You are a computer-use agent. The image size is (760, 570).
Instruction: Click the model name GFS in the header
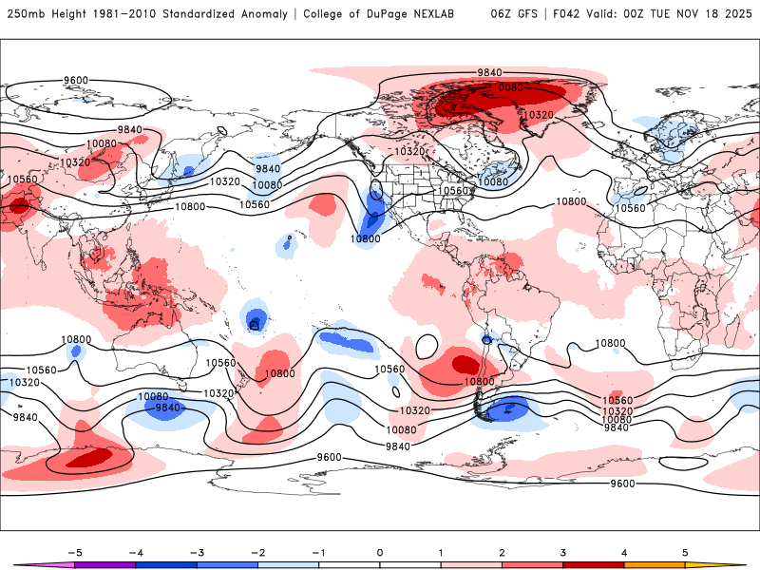tap(532, 14)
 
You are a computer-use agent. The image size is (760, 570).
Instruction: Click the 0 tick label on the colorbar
tap(379, 552)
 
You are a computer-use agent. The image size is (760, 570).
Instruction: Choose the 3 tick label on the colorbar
tap(562, 552)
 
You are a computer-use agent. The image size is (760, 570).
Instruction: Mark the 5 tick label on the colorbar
tap(685, 552)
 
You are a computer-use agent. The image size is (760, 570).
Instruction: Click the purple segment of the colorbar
tap(104, 565)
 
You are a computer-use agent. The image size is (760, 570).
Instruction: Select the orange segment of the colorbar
tap(655, 565)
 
